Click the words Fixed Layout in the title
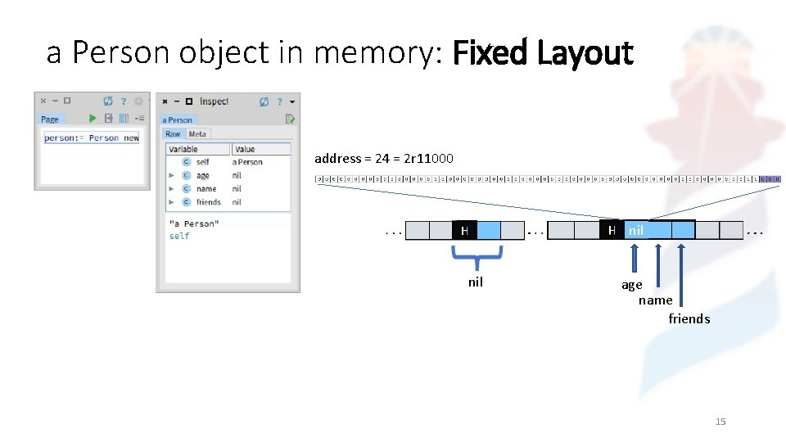pyautogui.click(x=542, y=54)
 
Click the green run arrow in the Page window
pyautogui.click(x=93, y=119)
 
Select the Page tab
pyautogui.click(x=50, y=120)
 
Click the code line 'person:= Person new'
pyautogui.click(x=92, y=138)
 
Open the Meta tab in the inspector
pyautogui.click(x=197, y=133)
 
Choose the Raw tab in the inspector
pyautogui.click(x=173, y=133)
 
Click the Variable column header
pyautogui.click(x=183, y=149)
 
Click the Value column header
pyautogui.click(x=244, y=149)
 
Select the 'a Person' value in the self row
pyautogui.click(x=247, y=162)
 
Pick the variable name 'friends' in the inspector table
pyautogui.click(x=209, y=202)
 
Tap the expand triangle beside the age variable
pyautogui.click(x=171, y=175)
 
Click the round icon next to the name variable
pyautogui.click(x=187, y=189)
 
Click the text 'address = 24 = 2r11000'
pyautogui.click(x=383, y=158)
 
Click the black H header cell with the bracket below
pyautogui.click(x=464, y=231)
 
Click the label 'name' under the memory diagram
pyautogui.click(x=655, y=300)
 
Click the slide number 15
pyautogui.click(x=720, y=422)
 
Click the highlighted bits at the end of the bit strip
pyautogui.click(x=770, y=178)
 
